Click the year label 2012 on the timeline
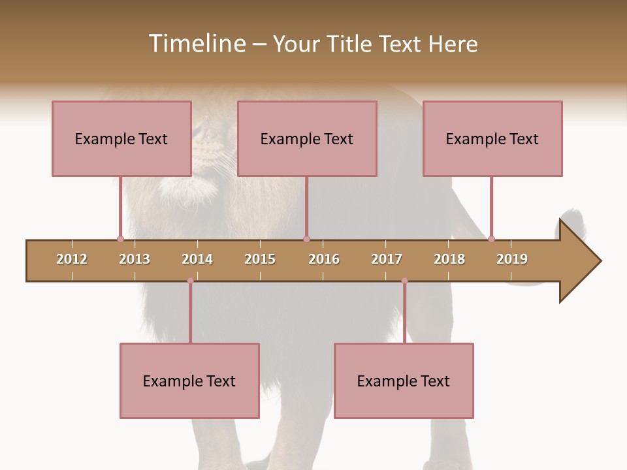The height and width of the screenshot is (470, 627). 72,259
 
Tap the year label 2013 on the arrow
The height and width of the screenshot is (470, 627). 135,259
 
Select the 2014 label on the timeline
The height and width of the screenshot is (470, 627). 197,259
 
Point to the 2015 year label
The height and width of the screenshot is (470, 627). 260,259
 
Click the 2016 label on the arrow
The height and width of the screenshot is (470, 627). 324,259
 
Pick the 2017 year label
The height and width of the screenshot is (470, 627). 387,259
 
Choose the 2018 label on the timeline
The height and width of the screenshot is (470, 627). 449,259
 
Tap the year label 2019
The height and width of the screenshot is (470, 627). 512,259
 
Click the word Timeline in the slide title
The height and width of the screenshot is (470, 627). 197,44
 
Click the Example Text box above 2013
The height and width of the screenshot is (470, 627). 121,138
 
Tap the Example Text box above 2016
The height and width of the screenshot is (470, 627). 307,138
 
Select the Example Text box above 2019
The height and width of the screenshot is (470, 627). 492,138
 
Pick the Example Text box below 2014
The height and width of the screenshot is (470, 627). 189,381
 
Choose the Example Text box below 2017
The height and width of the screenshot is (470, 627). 404,381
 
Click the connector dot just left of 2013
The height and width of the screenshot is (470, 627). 120,239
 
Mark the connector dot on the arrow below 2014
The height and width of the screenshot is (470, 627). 190,281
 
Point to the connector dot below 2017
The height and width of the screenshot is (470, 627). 404,281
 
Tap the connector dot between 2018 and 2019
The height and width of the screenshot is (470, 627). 491,239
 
